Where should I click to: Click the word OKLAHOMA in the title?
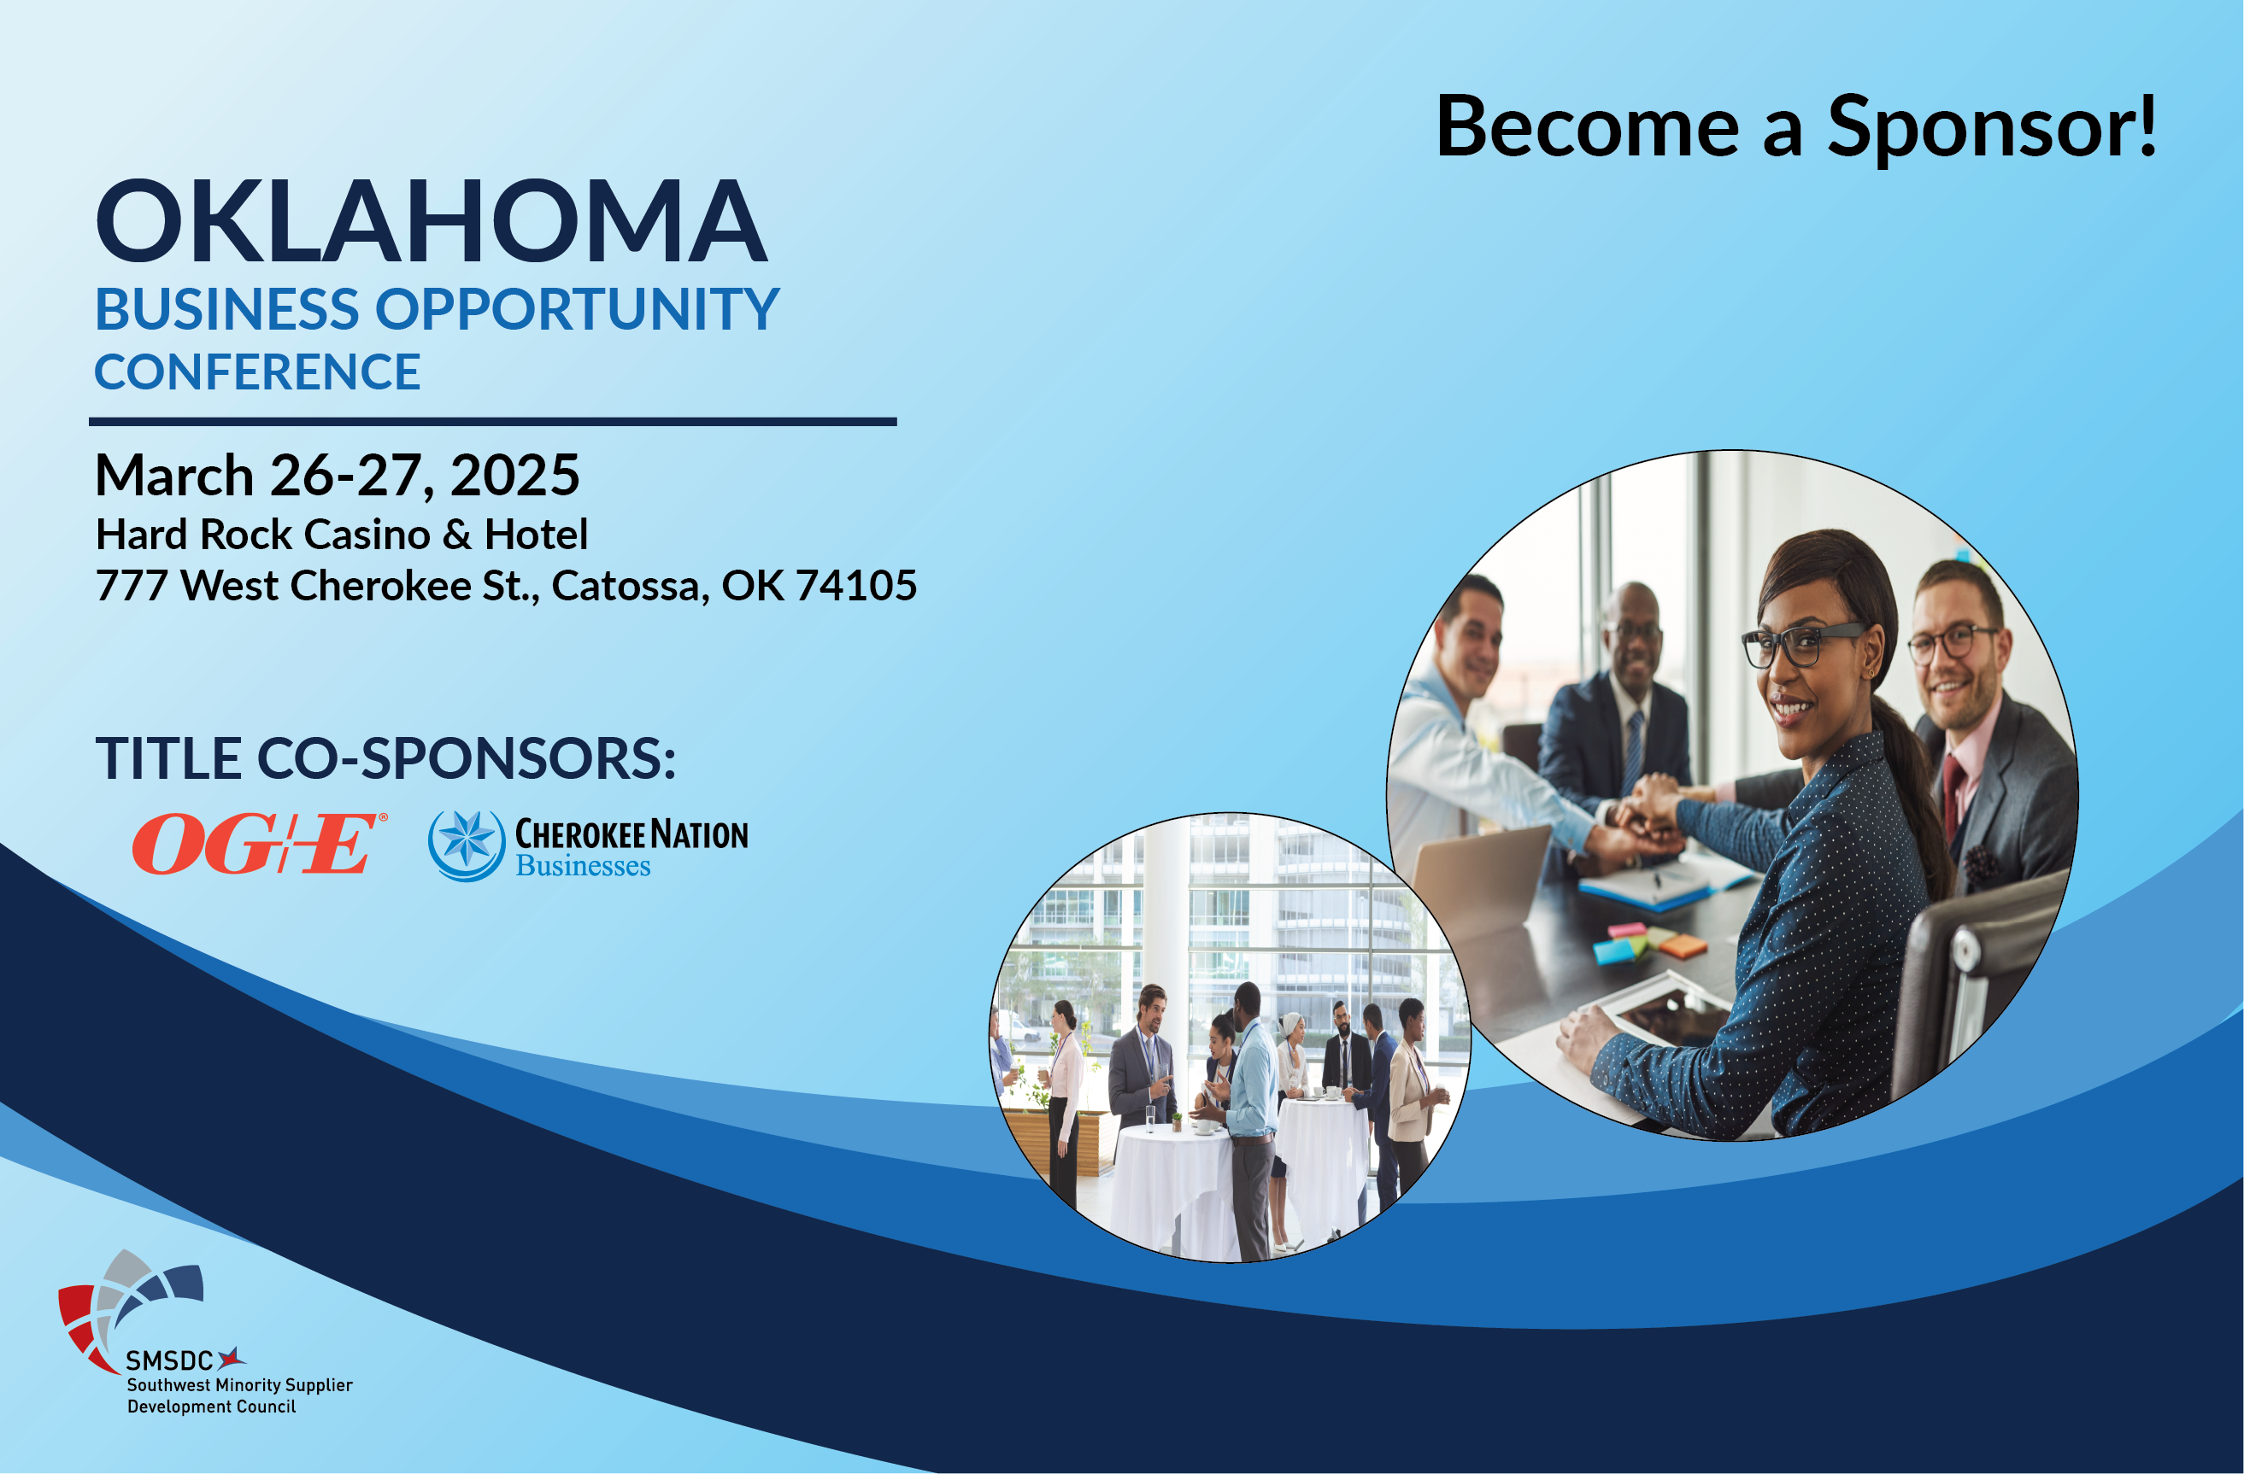[x=432, y=221]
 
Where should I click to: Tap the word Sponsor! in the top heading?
[x=1991, y=126]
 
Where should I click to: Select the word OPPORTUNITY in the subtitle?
[x=578, y=309]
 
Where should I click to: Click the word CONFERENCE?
[x=257, y=372]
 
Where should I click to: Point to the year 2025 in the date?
[x=514, y=475]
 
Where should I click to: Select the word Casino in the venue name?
[x=367, y=535]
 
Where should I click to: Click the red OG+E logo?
[x=258, y=844]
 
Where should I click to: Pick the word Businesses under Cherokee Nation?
[x=583, y=866]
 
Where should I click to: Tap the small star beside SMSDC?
[x=231, y=1358]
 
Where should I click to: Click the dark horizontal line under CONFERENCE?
[x=492, y=422]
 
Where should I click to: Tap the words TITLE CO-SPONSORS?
[x=385, y=758]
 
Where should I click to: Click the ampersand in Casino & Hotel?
[x=457, y=535]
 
